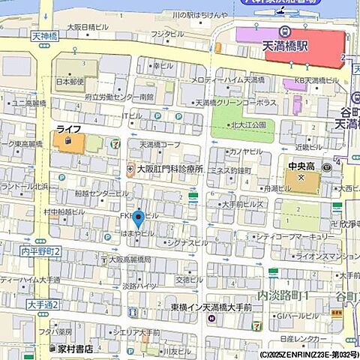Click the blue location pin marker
[138, 220]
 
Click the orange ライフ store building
[68, 140]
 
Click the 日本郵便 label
[68, 81]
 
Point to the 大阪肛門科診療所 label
[169, 169]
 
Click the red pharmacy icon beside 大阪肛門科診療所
[130, 169]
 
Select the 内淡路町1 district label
[284, 296]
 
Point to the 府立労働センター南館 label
[120, 97]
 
